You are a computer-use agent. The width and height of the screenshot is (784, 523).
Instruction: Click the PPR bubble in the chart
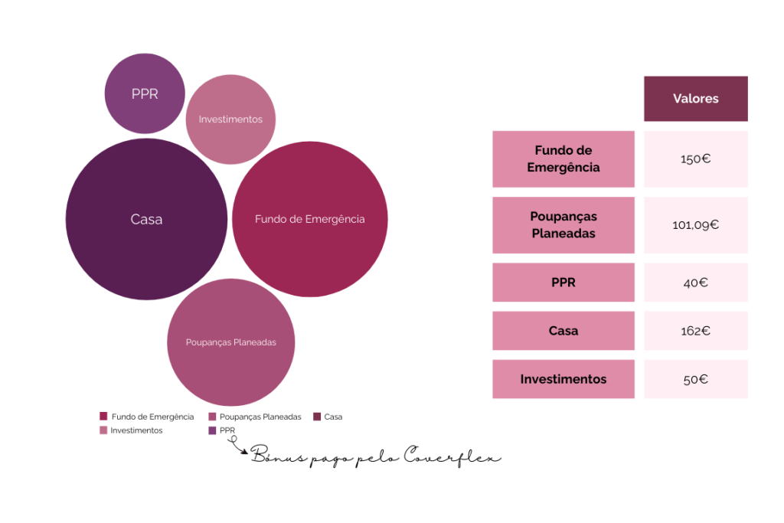[x=145, y=93]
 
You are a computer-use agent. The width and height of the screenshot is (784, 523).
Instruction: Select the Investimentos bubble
[x=230, y=119]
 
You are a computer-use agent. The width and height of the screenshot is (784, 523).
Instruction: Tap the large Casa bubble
[x=146, y=219]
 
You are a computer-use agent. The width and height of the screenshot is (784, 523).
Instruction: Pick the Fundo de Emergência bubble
[x=309, y=219]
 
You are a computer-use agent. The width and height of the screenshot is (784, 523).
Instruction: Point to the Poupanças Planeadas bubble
[x=230, y=342]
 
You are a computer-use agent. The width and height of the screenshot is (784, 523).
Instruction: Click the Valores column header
[x=695, y=99]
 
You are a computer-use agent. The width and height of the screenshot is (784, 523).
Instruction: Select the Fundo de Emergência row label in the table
[x=563, y=159]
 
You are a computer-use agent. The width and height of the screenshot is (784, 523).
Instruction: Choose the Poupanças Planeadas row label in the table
[x=563, y=225]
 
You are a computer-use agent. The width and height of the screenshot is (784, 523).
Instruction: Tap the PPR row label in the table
[x=563, y=283]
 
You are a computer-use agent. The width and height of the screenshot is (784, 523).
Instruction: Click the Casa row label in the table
[x=563, y=331]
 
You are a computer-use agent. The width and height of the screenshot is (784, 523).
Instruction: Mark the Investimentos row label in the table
[x=563, y=379]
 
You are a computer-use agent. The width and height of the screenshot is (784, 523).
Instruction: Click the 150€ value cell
[x=695, y=159]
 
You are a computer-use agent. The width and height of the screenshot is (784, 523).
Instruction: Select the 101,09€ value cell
[x=695, y=225]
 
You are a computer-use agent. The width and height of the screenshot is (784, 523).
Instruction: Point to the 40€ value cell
[x=695, y=283]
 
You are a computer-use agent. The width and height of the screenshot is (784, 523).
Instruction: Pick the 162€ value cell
[x=695, y=331]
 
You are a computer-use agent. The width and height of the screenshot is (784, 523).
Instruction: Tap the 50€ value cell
[x=695, y=379]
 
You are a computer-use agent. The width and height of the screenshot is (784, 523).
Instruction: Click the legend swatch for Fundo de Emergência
[x=103, y=417]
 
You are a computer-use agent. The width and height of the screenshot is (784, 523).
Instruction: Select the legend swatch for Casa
[x=316, y=417]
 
